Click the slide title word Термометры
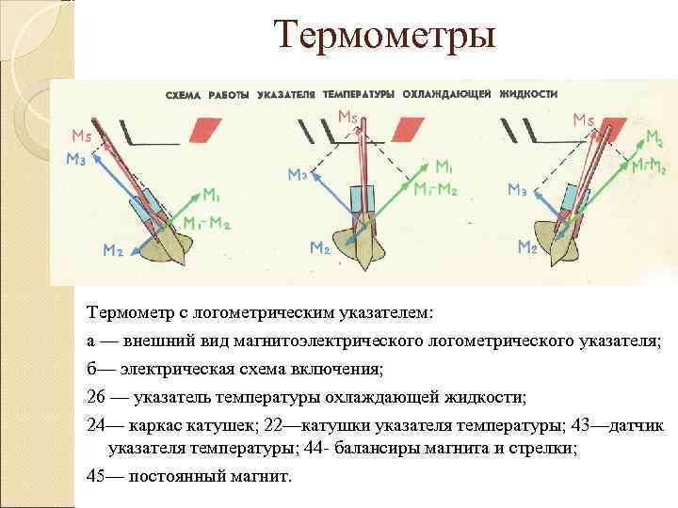(384, 38)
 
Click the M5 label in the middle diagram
(348, 118)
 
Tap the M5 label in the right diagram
(583, 120)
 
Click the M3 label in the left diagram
(76, 160)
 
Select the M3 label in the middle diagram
(299, 175)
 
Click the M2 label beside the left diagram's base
(112, 249)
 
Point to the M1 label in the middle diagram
(444, 167)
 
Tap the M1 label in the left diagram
(213, 196)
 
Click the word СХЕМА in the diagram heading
(184, 95)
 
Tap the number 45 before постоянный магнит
(96, 475)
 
